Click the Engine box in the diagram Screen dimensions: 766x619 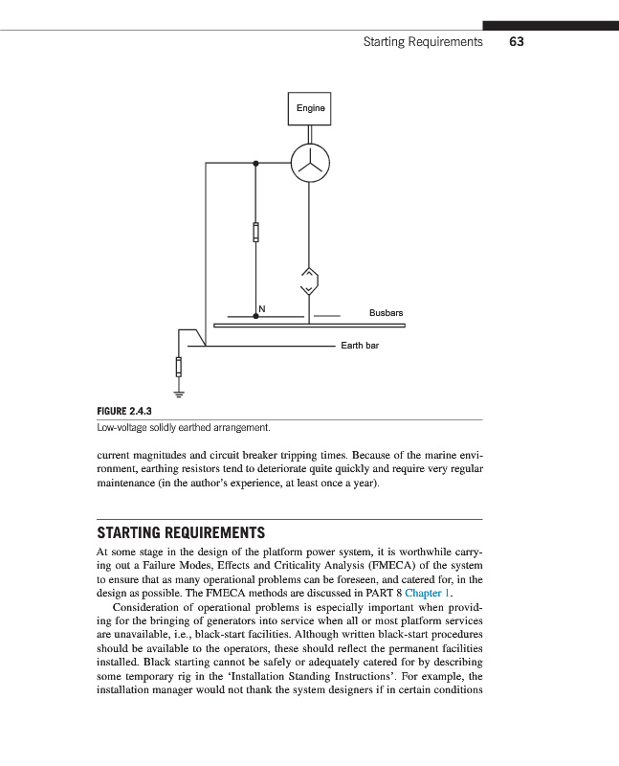tap(309, 108)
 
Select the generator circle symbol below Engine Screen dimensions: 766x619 tap(309, 164)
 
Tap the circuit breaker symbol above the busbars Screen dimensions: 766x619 tap(309, 280)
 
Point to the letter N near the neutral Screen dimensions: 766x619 tap(261, 307)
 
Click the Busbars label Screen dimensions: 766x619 tap(386, 313)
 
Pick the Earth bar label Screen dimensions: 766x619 tap(360, 345)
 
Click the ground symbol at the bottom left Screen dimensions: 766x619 tap(178, 391)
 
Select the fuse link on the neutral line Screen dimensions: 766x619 tap(255, 233)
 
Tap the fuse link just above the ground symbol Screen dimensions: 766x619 tap(178, 367)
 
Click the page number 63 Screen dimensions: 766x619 tap(517, 42)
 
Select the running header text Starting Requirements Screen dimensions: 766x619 tap(423, 42)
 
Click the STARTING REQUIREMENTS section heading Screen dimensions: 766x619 tap(181, 532)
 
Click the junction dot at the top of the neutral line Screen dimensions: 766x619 tap(255, 164)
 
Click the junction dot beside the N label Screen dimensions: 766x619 tap(255, 314)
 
